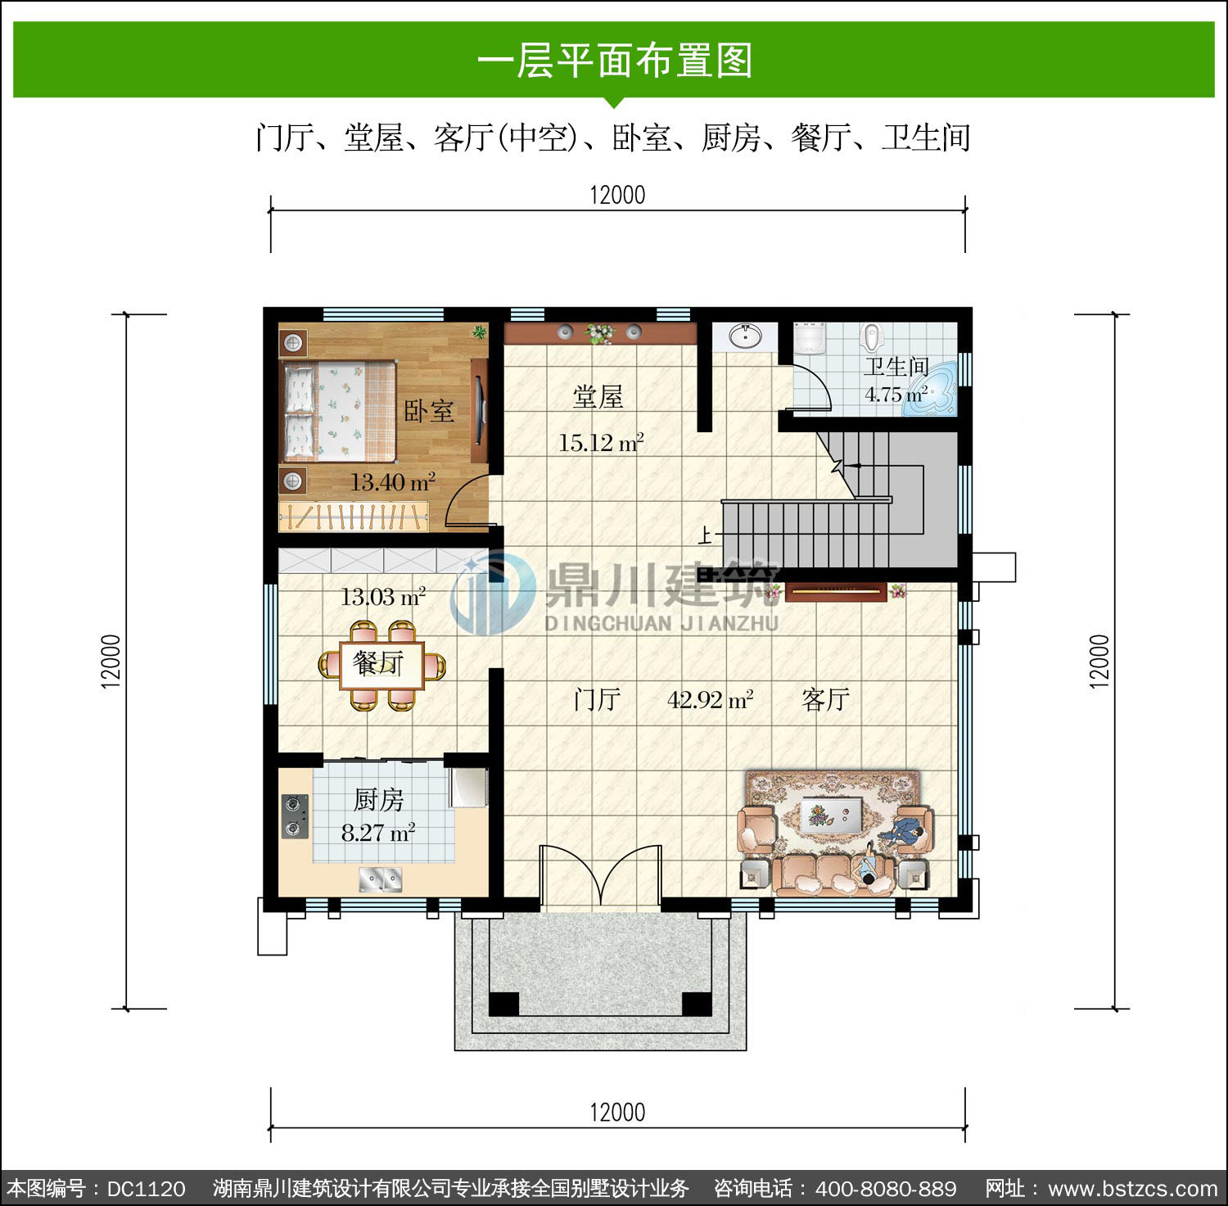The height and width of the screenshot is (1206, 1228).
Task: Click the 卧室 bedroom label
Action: [429, 410]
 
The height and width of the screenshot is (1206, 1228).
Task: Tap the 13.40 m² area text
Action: [393, 481]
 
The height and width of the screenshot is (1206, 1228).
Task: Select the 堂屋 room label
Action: [598, 397]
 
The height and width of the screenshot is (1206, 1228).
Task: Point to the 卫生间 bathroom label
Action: [896, 367]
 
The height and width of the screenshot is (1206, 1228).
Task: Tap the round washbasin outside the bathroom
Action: [744, 336]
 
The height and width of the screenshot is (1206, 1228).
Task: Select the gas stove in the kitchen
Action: [296, 816]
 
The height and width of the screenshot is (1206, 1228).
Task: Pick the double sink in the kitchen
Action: [381, 880]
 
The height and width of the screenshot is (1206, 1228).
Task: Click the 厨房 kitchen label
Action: [378, 799]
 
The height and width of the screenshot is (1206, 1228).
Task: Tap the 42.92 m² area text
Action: [711, 700]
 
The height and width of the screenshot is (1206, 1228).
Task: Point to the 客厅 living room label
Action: [826, 700]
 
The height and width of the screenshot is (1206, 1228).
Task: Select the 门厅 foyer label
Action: [597, 700]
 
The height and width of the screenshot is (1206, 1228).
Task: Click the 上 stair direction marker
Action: [706, 535]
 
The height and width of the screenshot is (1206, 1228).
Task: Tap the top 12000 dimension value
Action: [617, 195]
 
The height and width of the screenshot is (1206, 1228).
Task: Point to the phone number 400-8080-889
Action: [886, 1189]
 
